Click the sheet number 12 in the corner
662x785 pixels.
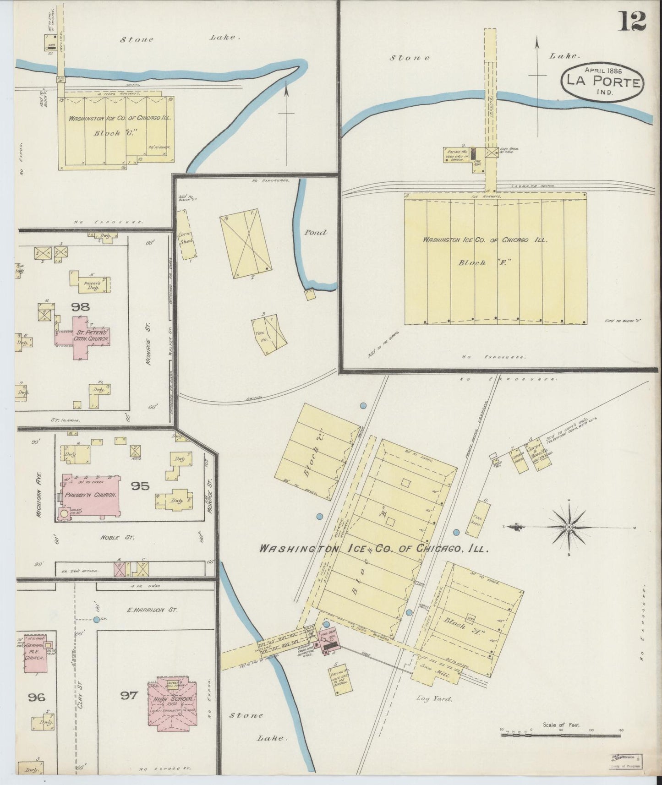coord(633,22)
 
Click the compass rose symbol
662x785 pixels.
coord(569,527)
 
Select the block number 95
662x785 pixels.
coord(140,486)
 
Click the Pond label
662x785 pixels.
coord(316,232)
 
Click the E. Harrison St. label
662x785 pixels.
coord(153,610)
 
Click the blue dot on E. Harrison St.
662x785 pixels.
coord(96,620)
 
